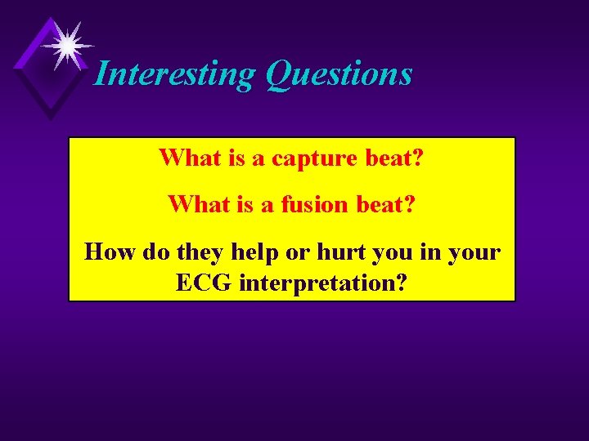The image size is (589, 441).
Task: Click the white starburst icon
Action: pos(66,44)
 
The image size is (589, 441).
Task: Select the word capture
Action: pos(316,158)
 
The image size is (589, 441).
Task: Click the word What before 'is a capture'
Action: pos(187,157)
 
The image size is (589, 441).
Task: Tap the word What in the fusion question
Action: pos(196,203)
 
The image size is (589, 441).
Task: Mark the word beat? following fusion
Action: pos(386,203)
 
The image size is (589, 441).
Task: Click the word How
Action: pos(111,251)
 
